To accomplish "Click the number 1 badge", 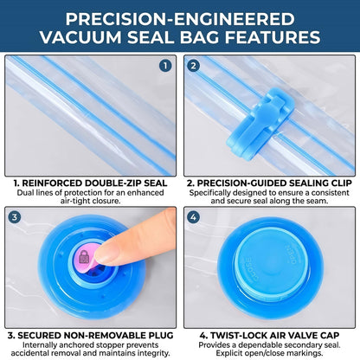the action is [x=165, y=66].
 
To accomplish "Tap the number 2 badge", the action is [x=193, y=66].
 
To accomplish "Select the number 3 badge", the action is [x=15, y=217].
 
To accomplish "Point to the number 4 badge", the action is [x=193, y=217].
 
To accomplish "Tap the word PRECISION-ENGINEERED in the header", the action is [x=180, y=19].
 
